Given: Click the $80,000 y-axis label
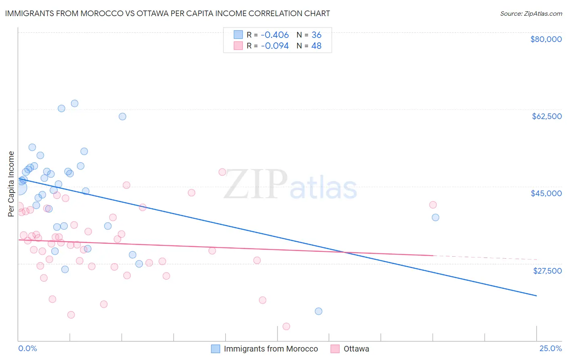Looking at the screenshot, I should (546, 39).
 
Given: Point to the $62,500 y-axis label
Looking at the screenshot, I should (546, 116).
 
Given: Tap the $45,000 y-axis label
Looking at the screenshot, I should (546, 193).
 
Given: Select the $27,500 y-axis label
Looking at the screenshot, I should (547, 271).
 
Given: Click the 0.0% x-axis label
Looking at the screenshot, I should (27, 349).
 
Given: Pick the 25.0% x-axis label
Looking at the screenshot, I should (550, 349).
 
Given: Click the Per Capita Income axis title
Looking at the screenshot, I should (11, 184).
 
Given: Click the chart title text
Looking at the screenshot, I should (167, 13).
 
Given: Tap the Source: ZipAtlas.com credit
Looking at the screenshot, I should (531, 14).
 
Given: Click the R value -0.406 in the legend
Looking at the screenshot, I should (275, 35).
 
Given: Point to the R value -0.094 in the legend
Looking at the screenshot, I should (275, 46).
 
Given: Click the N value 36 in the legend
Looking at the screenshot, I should (316, 35).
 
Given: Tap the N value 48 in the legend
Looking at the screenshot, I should (316, 46).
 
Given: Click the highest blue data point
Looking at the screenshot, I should (75, 103).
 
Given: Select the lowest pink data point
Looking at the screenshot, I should (286, 327).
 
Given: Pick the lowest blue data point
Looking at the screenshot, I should (319, 311).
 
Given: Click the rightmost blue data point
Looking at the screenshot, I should (436, 218).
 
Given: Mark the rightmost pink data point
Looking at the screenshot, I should (433, 205).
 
